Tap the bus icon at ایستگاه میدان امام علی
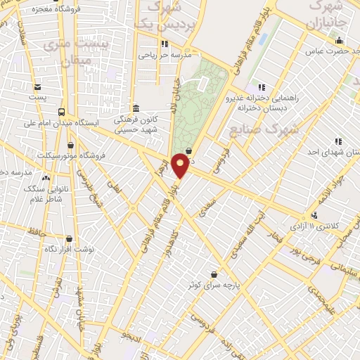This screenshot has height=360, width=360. point(63,112)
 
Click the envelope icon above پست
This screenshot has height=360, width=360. point(37,86)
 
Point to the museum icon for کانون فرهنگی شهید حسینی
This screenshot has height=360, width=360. point(135,108)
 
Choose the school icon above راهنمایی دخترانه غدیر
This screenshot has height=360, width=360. point(262,86)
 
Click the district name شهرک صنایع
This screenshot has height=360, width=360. point(255,130)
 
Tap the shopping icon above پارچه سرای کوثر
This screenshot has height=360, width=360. point(213,274)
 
